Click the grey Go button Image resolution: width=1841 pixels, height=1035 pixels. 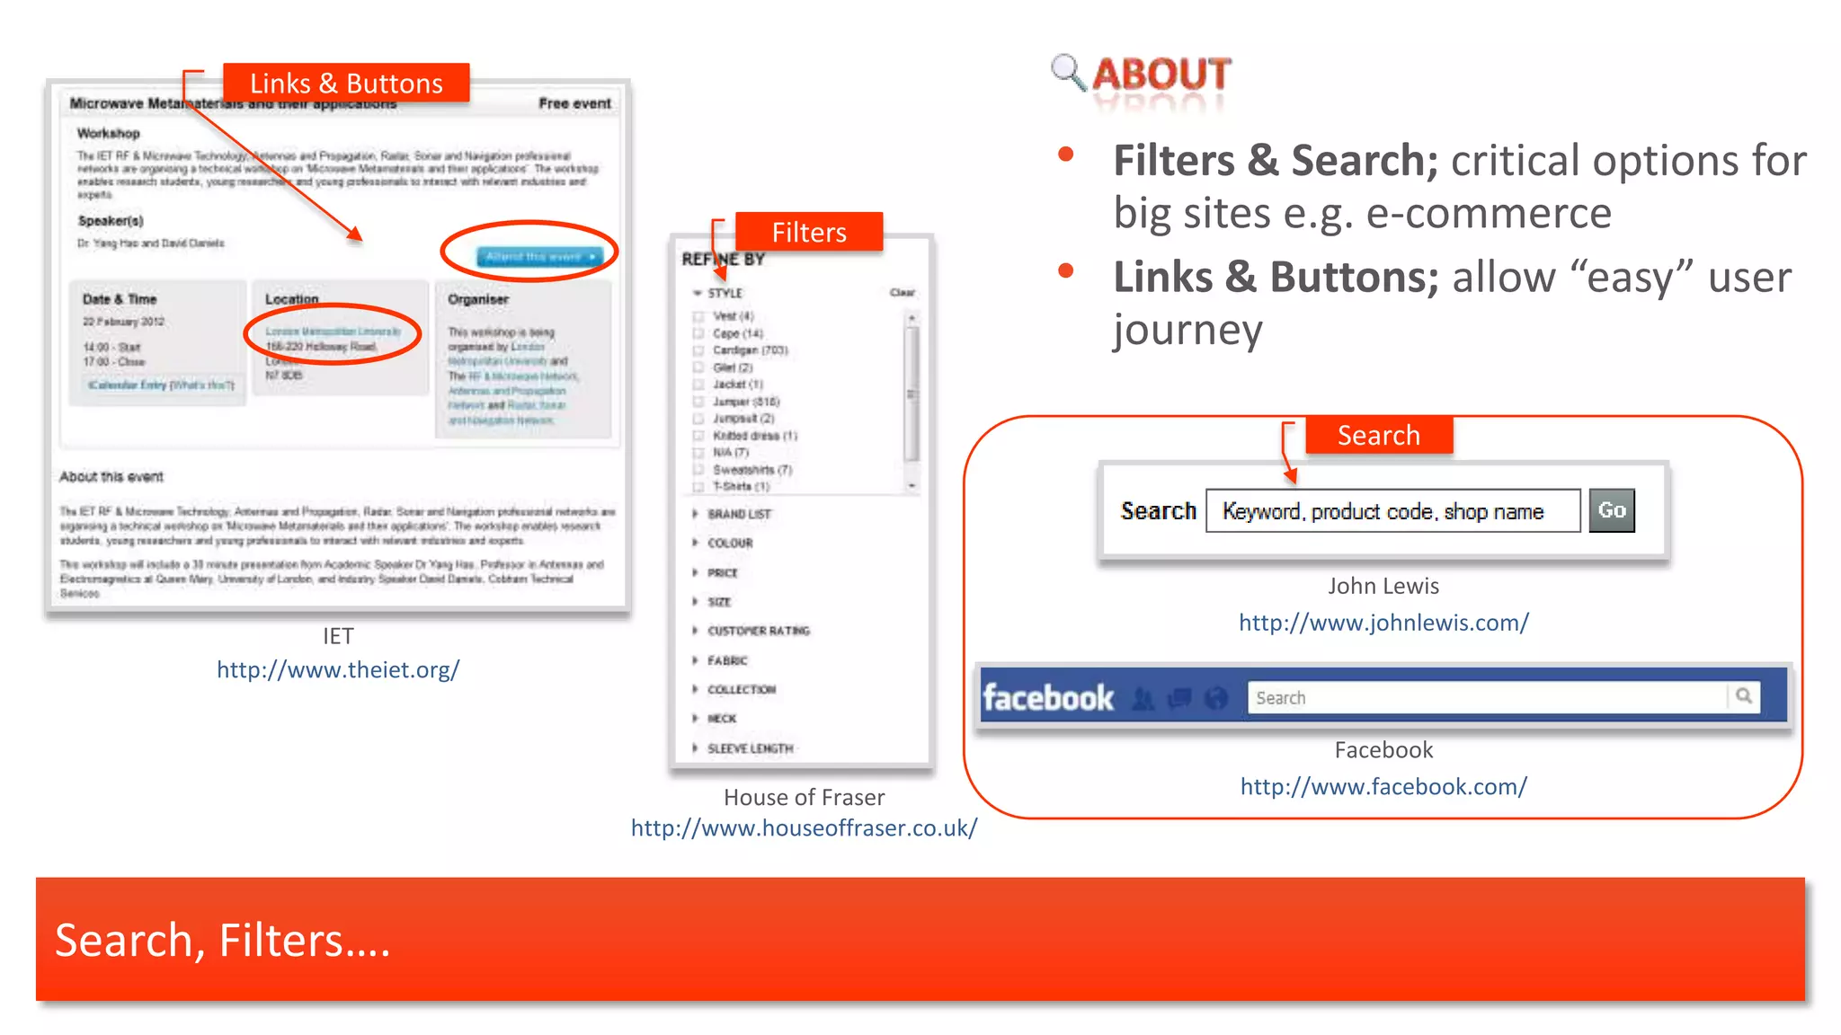click(1611, 510)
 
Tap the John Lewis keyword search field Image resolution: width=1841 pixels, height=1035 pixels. click(1392, 511)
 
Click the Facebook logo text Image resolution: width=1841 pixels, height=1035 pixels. click(1048, 698)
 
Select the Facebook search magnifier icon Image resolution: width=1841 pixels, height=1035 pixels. click(1744, 695)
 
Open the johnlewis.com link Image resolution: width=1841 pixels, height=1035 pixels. click(1383, 622)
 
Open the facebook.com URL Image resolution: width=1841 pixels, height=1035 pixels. click(1383, 786)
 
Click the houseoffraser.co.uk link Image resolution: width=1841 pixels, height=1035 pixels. click(804, 827)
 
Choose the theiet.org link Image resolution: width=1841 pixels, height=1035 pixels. click(338, 669)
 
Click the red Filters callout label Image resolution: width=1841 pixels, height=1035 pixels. click(808, 233)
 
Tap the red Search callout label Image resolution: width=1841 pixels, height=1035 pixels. click(1378, 436)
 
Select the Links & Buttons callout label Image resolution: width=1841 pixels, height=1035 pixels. click(346, 84)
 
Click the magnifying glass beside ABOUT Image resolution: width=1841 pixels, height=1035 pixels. click(1068, 72)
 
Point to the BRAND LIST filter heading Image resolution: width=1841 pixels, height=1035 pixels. click(739, 514)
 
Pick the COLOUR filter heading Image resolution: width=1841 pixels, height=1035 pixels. click(730, 544)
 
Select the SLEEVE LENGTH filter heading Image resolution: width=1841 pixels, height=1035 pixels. click(750, 748)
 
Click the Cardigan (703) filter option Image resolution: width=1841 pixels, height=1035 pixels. click(750, 350)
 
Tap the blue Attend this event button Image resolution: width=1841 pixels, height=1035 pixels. click(539, 257)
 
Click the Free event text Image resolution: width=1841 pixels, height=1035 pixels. click(574, 103)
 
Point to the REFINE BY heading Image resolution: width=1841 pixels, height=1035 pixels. click(723, 260)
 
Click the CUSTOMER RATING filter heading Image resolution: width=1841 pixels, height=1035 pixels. click(758, 631)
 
